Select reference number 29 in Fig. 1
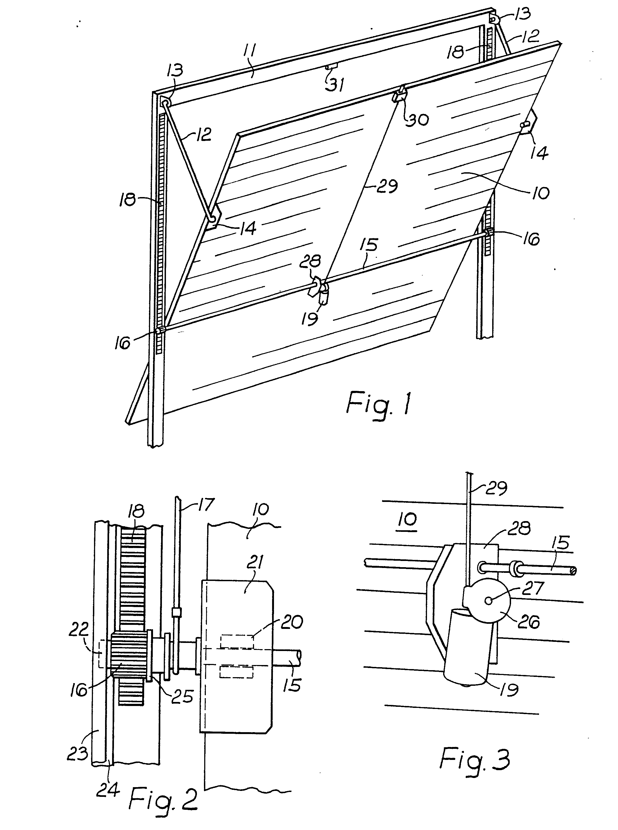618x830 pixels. pyautogui.click(x=386, y=186)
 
